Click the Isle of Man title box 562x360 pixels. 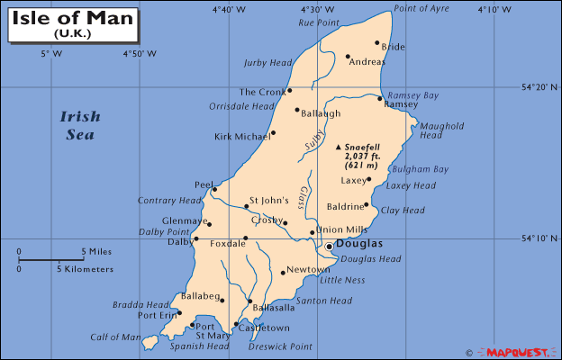[74, 23]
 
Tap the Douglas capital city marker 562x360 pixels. [330, 245]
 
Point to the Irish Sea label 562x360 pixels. [80, 126]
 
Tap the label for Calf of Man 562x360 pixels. [115, 337]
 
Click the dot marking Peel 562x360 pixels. [214, 189]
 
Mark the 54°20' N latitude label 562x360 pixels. [540, 87]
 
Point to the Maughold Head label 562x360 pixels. [442, 130]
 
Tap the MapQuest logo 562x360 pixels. [519, 352]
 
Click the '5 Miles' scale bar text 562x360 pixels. [96, 251]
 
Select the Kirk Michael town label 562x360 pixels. [240, 137]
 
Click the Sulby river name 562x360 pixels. [313, 140]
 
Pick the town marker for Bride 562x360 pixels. [377, 42]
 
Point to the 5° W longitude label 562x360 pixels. [51, 54]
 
